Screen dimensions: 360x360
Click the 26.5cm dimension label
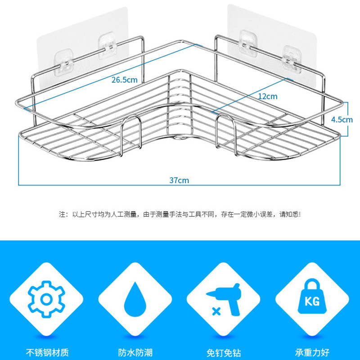125,81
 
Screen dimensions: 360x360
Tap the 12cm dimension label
268,96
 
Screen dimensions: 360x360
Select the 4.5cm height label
341,120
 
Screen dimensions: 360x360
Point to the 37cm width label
179,180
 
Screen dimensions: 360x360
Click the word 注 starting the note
62,214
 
